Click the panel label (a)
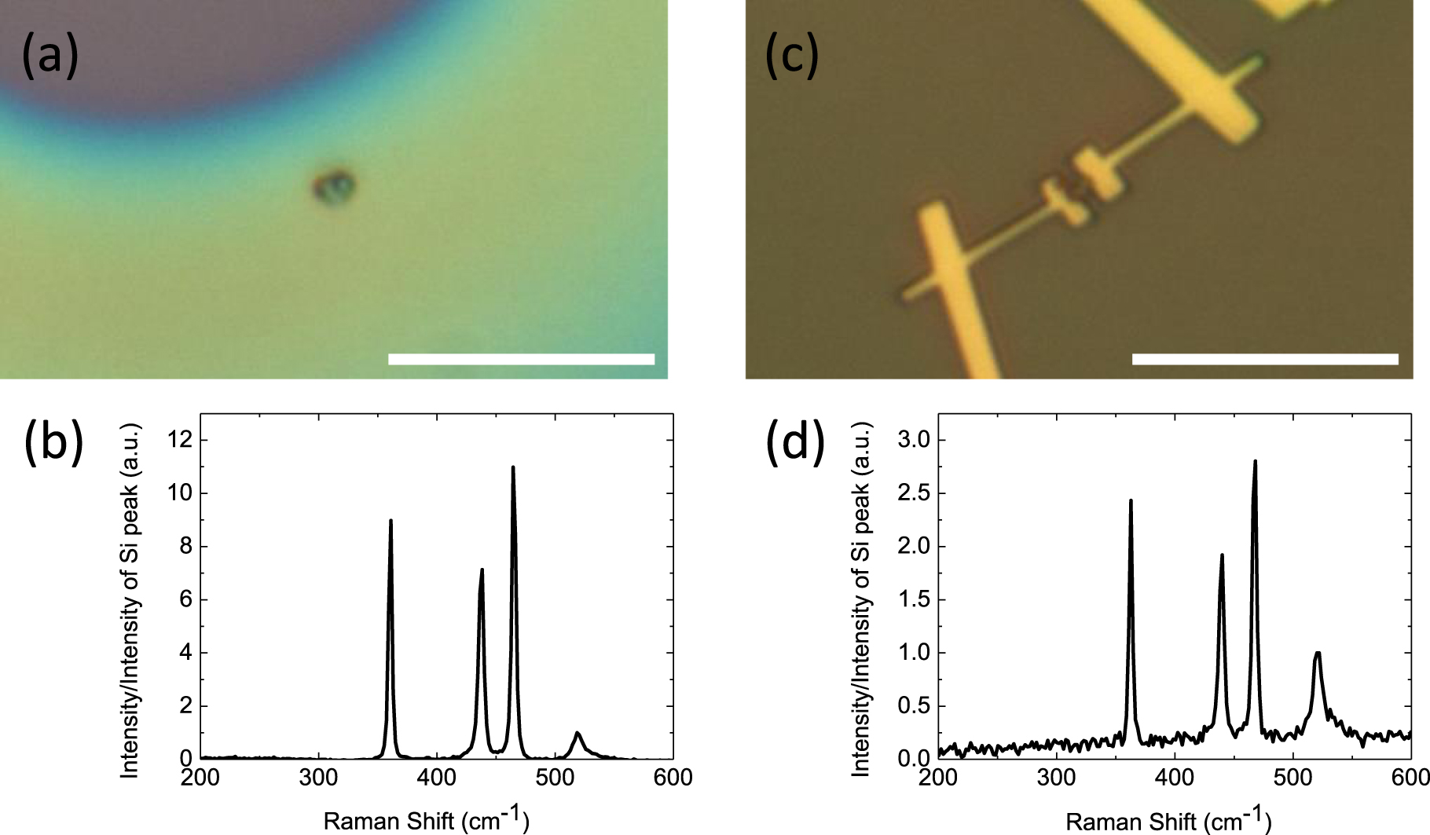tap(50, 57)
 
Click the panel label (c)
tap(792, 57)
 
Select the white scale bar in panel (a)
tap(521, 359)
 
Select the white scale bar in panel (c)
tap(1265, 359)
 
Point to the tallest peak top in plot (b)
tap(513, 468)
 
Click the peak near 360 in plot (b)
tap(390, 522)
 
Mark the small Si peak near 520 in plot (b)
tap(577, 734)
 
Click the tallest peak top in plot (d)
tap(1255, 463)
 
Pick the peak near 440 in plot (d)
tap(1222, 556)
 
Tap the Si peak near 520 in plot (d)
tap(1318, 654)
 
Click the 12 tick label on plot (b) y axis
tap(180, 440)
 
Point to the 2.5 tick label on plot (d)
tap(914, 493)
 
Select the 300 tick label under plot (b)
tap(318, 778)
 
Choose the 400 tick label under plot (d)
tap(1174, 778)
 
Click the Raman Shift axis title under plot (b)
tap(426, 819)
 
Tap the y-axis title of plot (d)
tap(861, 599)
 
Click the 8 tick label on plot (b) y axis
tap(185, 546)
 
